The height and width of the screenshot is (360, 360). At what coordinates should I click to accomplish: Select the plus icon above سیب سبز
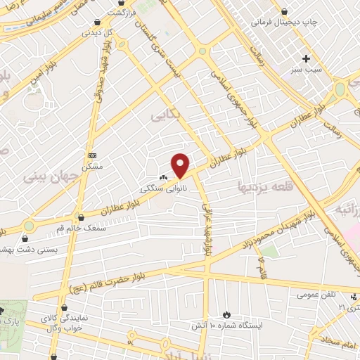tap(306, 58)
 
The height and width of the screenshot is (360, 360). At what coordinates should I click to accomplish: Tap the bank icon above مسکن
tap(92, 155)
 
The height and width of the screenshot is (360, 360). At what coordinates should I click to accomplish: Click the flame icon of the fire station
tap(226, 314)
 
